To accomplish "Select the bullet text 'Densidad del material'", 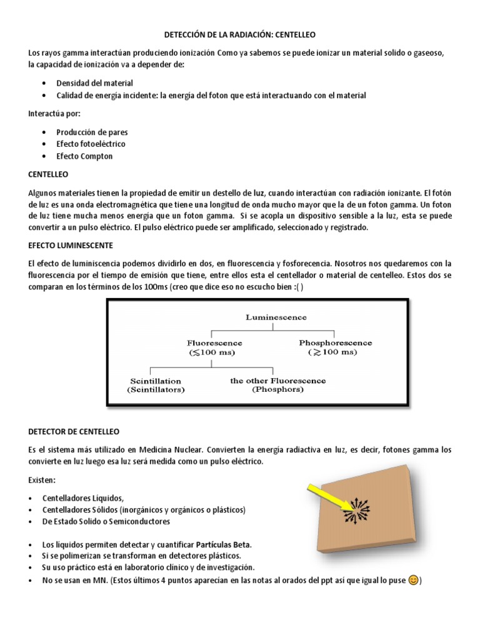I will point(94,82).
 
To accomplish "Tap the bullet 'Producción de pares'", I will point(92,132).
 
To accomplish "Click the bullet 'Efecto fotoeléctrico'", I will point(91,144).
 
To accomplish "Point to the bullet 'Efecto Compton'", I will point(84,156).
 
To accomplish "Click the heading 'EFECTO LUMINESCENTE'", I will point(70,245).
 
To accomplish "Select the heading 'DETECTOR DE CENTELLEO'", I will point(74,431).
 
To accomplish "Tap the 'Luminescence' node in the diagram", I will point(276,317).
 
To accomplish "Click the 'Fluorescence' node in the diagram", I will point(214,343).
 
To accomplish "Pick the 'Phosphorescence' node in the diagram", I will point(335,343).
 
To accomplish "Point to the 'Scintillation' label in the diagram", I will point(155,380).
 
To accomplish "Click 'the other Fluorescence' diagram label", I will point(277,380).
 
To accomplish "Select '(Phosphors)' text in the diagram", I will point(277,389).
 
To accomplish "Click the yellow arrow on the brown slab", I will point(326,496).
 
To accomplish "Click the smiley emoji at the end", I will point(412,580).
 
